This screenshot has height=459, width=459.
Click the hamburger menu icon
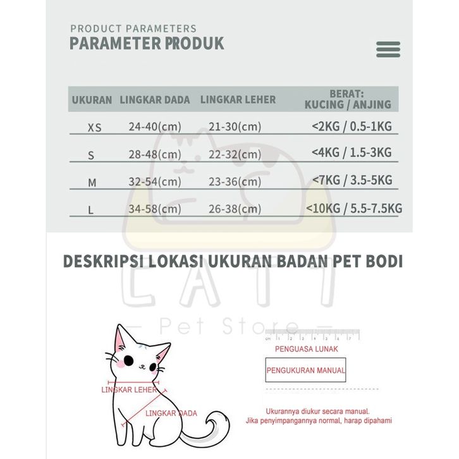tap(388, 49)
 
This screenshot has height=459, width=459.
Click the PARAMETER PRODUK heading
tap(147, 44)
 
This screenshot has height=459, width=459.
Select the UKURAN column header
tap(92, 100)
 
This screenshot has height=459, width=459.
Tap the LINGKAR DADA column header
tap(155, 100)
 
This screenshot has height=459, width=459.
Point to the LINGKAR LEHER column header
tap(238, 100)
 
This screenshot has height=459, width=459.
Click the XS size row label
tap(94, 128)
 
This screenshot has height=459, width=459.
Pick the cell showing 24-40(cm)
tap(155, 127)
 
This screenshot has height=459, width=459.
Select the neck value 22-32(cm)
tap(235, 155)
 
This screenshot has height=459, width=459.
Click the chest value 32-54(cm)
tap(155, 182)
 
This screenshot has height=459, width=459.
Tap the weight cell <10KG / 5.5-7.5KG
tap(354, 208)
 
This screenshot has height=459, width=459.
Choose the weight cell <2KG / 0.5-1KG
tap(352, 126)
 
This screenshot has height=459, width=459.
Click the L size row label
tap(91, 210)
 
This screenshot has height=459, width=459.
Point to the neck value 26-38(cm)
tap(235, 209)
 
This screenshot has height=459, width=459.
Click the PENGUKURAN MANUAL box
tap(306, 370)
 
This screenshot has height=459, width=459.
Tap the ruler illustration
tap(312, 334)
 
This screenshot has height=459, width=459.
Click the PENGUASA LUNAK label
tap(307, 349)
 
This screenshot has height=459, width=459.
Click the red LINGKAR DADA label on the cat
tap(171, 413)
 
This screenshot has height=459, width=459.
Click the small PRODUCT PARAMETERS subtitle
tap(133, 28)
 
